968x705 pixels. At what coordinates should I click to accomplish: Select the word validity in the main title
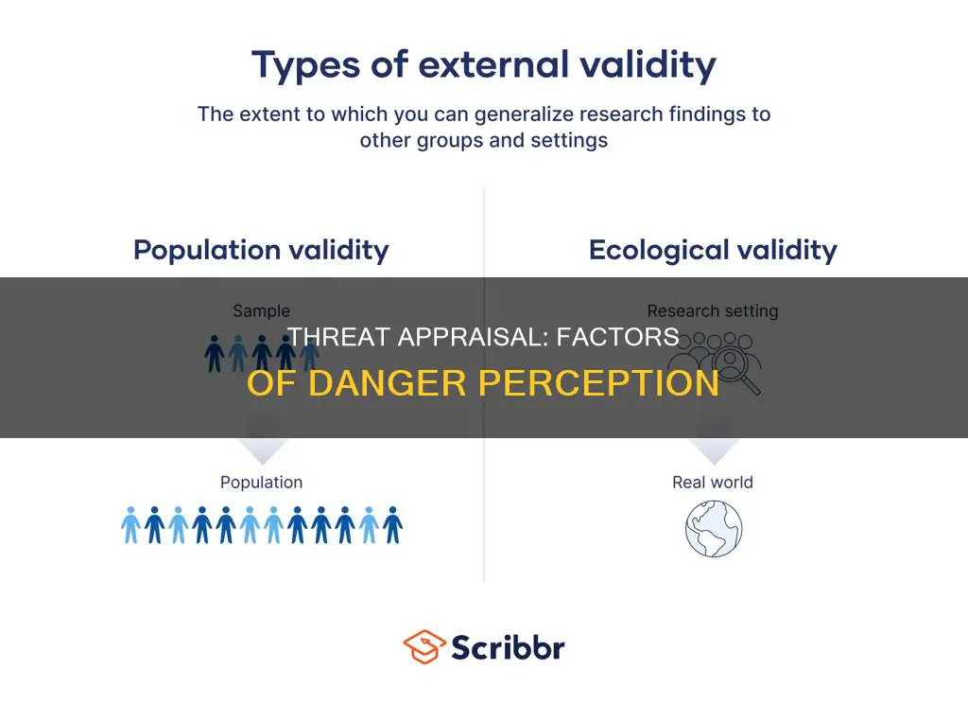coord(649,66)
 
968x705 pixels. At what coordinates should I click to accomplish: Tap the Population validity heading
coord(261,250)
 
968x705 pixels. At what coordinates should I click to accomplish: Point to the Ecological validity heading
coord(713,250)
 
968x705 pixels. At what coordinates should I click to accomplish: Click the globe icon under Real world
coord(714,529)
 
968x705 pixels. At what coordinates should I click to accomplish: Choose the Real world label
coord(713,482)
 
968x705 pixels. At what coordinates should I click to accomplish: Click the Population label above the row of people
coord(261,482)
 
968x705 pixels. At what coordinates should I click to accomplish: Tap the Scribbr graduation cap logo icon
coord(424,647)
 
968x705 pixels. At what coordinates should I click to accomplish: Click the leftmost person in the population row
coord(131,525)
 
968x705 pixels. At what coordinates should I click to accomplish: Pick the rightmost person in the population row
coord(392,525)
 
